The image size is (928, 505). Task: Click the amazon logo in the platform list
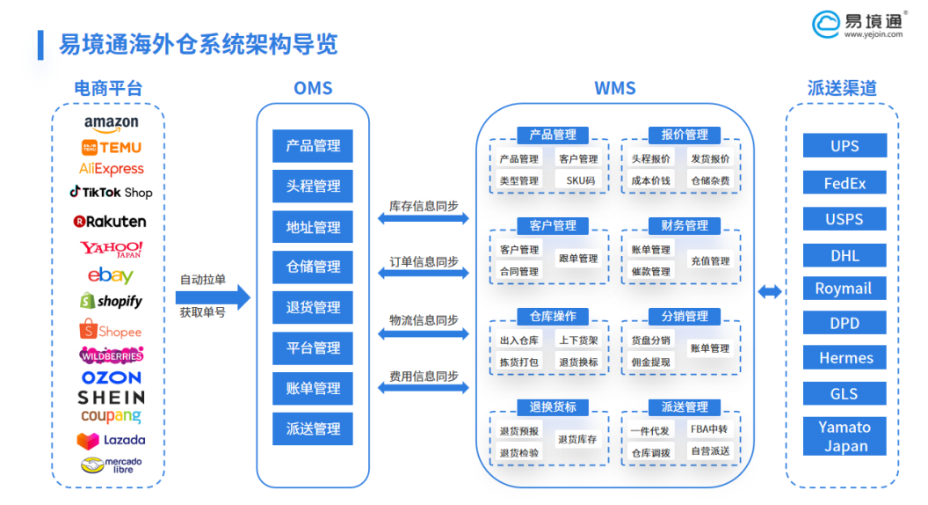pyautogui.click(x=111, y=124)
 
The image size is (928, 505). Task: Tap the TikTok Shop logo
pyautogui.click(x=111, y=192)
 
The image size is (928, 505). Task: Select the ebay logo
pyautogui.click(x=111, y=275)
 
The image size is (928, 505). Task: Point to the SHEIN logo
pyautogui.click(x=111, y=398)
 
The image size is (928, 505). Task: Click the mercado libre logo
pyautogui.click(x=111, y=465)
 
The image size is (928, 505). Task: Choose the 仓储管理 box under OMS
pyautogui.click(x=313, y=267)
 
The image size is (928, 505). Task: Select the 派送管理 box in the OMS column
pyautogui.click(x=313, y=428)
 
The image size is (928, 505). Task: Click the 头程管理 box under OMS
pyautogui.click(x=313, y=187)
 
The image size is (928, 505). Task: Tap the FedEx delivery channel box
pyautogui.click(x=845, y=183)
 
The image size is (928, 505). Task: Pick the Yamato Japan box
pyautogui.click(x=845, y=436)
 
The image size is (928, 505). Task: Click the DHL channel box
pyautogui.click(x=845, y=256)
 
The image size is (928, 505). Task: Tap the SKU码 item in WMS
pyautogui.click(x=580, y=180)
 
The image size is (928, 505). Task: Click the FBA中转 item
pyautogui.click(x=709, y=429)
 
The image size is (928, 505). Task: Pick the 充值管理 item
pyautogui.click(x=709, y=260)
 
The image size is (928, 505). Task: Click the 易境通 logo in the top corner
pyautogui.click(x=856, y=24)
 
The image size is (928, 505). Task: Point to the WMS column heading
pyautogui.click(x=615, y=88)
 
